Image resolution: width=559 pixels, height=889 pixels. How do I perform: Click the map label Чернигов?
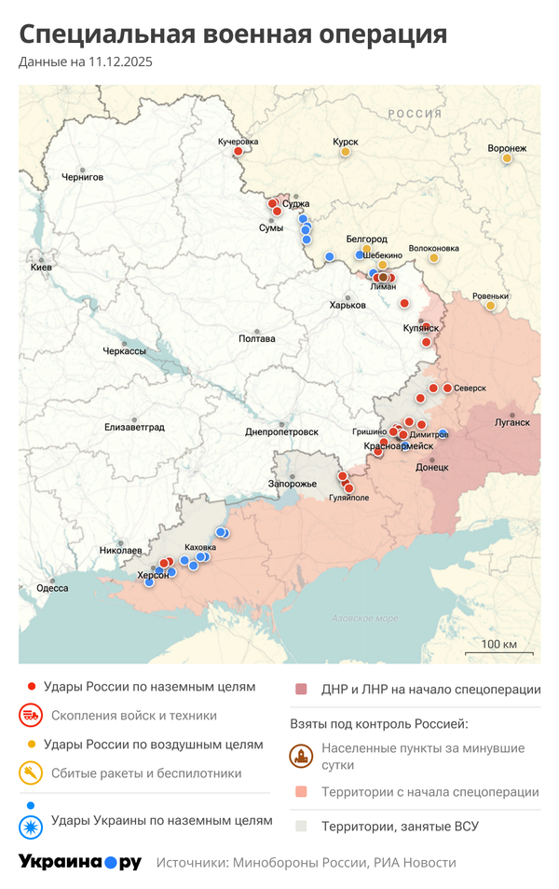(x=82, y=176)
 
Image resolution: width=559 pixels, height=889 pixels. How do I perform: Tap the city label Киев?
(x=41, y=267)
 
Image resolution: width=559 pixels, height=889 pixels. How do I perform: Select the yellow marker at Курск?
(x=346, y=152)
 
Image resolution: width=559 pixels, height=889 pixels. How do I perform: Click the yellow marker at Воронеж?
(x=507, y=158)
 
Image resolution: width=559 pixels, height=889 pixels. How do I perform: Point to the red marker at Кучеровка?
(x=238, y=151)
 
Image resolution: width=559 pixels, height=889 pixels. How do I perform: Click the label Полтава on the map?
(x=257, y=338)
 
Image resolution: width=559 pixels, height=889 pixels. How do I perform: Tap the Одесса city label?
(x=52, y=588)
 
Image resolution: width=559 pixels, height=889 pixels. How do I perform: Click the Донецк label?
(x=431, y=466)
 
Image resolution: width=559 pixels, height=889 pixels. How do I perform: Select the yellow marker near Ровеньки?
(x=490, y=306)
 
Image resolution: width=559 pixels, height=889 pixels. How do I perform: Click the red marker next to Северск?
(x=447, y=388)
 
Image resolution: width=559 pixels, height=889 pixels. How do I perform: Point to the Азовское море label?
(x=365, y=619)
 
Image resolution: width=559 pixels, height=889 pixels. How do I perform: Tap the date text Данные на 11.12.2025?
(x=85, y=62)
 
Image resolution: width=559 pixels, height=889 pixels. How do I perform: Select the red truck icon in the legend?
(x=31, y=716)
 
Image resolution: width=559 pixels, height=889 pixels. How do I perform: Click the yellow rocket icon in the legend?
(x=31, y=773)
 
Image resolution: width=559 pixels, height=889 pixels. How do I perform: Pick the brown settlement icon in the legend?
(x=301, y=756)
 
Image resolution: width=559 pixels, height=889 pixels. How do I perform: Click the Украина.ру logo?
(x=80, y=862)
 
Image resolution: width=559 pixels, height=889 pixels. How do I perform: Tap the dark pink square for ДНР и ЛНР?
(x=301, y=690)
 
